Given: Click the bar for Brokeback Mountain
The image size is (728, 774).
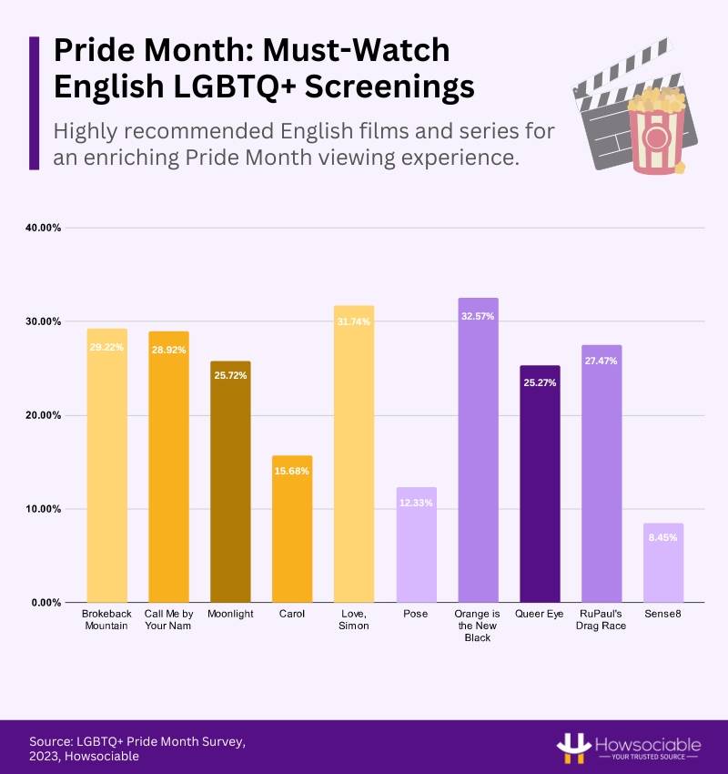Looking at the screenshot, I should tap(106, 464).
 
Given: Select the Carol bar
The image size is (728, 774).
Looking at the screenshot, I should tap(292, 528).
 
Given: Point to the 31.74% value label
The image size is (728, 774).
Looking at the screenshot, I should tap(354, 321).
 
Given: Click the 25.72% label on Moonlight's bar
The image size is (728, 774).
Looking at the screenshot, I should tap(230, 376).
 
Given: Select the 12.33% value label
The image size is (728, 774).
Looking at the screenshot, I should tap(416, 504).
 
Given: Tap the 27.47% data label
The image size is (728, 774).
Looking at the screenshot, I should tap(602, 361).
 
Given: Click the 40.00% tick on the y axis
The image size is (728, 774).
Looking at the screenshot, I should tap(42, 228).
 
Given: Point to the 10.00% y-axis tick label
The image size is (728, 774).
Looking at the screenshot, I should tap(42, 509).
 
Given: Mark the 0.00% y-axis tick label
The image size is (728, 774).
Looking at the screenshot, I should tap(45, 603).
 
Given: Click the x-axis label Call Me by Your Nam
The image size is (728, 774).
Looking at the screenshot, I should tap(168, 620).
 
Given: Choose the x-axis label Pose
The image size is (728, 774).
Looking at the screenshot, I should tap(416, 615).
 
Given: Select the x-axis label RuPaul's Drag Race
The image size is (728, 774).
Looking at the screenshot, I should tap(602, 620).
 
